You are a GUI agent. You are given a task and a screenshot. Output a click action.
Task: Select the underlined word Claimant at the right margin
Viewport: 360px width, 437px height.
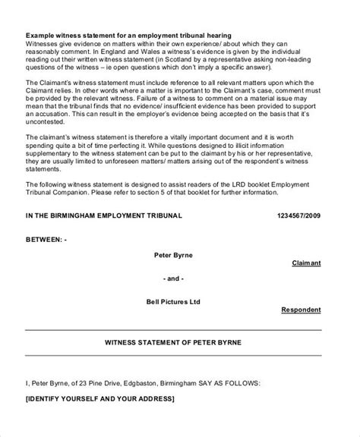click(306, 263)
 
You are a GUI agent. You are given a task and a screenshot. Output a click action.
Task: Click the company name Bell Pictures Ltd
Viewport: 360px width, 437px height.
click(172, 301)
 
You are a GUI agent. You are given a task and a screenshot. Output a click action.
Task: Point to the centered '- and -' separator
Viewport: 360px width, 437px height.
click(172, 278)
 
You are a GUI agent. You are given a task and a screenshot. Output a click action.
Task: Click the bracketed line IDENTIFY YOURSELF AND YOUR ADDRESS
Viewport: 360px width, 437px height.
click(99, 399)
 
